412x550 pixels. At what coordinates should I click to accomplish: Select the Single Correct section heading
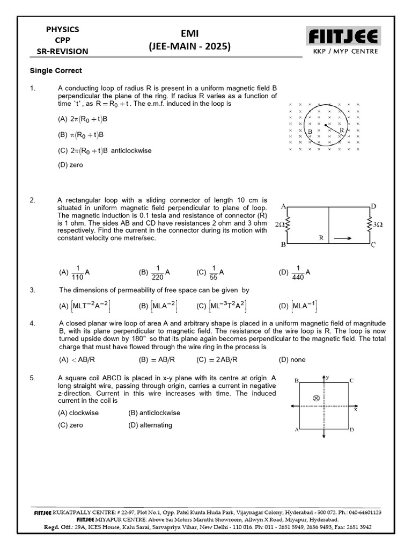pos(55,71)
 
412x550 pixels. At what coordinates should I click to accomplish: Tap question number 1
pos(33,88)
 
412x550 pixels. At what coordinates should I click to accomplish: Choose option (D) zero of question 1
pos(70,165)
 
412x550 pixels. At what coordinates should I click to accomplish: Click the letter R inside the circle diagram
pos(341,129)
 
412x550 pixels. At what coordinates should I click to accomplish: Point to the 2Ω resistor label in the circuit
pos(279,224)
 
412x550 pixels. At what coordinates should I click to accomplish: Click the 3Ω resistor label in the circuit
pos(377,224)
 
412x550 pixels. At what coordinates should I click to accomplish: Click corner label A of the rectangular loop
pos(282,206)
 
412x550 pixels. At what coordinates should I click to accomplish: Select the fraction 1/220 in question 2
pos(158,272)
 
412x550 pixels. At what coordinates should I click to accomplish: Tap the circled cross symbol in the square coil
pos(316,398)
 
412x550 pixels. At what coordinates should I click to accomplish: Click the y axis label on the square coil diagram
pos(327,378)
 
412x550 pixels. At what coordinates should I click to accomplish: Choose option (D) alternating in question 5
pos(150,425)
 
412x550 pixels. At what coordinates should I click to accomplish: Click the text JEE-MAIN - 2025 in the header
pos(190,47)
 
